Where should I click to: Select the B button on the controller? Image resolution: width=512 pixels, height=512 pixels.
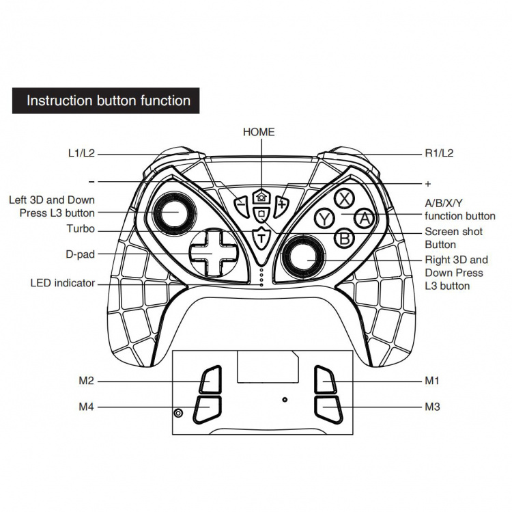(345, 239)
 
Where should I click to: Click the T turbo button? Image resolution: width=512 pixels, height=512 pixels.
(260, 238)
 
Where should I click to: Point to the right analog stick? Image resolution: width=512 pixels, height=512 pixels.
(300, 257)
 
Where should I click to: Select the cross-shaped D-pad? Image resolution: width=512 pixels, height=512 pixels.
(210, 252)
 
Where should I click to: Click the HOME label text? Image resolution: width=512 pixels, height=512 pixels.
(259, 132)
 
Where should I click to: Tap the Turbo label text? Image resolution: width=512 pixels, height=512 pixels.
(80, 229)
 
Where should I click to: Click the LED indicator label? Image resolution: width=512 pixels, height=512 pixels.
(63, 282)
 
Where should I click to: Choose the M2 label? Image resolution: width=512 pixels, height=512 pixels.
(86, 380)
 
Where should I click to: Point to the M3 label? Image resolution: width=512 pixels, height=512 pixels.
(432, 407)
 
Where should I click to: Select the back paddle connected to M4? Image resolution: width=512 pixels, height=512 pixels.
(205, 408)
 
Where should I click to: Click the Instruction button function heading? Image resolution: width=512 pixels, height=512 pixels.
(109, 101)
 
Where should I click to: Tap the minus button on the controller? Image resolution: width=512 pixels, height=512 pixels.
(240, 203)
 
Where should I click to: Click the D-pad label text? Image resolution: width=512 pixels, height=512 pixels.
(80, 254)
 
